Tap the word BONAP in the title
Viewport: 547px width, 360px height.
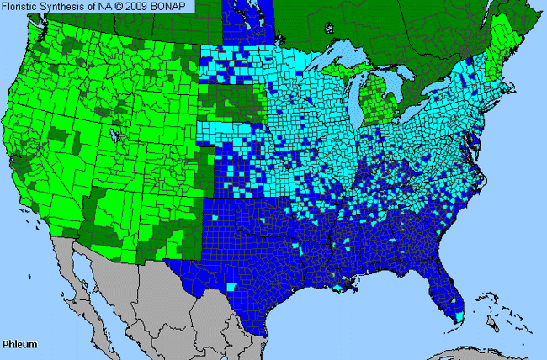173,6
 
